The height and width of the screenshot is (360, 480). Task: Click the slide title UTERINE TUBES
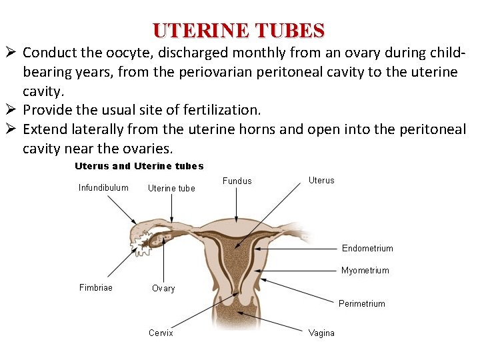pos(239,31)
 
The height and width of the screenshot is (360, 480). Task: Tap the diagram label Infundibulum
pos(103,187)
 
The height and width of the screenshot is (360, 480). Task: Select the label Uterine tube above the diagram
pos(171,188)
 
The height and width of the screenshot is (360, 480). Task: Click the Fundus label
pos(237,181)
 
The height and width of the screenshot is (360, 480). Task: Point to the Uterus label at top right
pos(321,180)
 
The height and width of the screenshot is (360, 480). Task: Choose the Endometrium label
pos(367,248)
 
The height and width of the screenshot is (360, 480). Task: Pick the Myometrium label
pos(365,270)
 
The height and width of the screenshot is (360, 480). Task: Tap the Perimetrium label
pos(361,303)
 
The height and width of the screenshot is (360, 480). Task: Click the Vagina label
pos(321,333)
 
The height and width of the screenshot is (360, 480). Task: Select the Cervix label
pos(161,333)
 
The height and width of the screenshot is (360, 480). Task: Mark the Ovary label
pos(163,288)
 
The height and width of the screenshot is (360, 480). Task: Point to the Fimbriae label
pos(96,287)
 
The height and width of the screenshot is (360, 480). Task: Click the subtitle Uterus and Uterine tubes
pos(139,166)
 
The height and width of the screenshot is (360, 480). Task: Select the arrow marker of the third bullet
pos(11,129)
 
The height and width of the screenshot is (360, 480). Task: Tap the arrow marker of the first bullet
pos(11,53)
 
